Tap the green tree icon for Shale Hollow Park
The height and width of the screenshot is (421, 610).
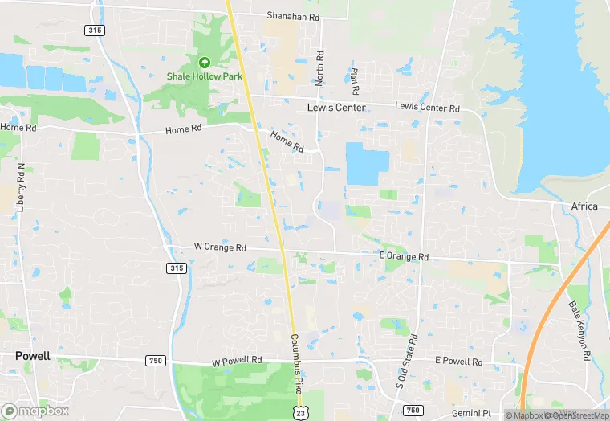pos(204,62)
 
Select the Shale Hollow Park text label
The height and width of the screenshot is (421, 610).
pos(204,76)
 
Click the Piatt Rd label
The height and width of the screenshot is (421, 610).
pos(354,79)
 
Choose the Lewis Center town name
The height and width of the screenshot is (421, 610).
pos(336,108)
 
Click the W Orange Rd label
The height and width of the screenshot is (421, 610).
pos(220,247)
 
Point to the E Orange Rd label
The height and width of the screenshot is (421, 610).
pos(404,257)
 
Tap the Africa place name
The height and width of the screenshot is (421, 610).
pos(584,206)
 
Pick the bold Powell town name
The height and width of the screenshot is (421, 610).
pos(32,356)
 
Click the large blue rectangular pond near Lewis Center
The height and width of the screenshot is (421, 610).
pos(367,162)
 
